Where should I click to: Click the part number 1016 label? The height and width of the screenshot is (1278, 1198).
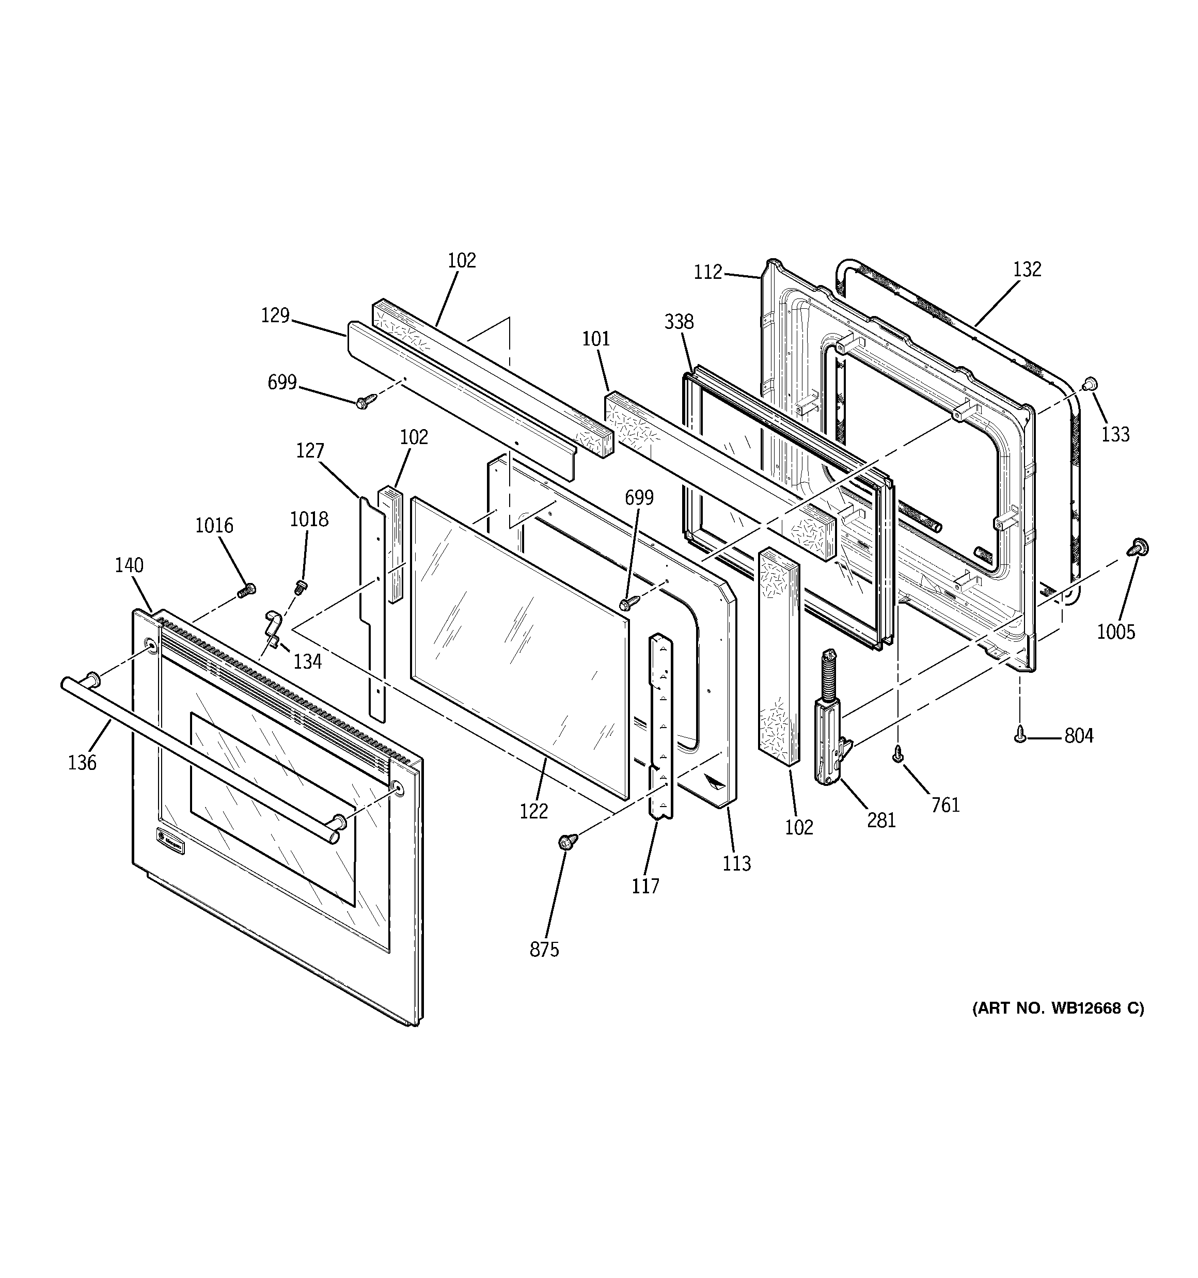pyautogui.click(x=214, y=526)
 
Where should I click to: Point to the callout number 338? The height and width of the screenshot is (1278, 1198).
pyautogui.click(x=679, y=321)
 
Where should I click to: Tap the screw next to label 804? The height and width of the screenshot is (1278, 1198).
pyautogui.click(x=1019, y=734)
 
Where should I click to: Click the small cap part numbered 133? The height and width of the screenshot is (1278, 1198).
pyautogui.click(x=1090, y=384)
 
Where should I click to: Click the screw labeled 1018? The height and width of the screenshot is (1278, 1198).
pyautogui.click(x=299, y=586)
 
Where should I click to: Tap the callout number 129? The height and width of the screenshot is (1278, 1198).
pyautogui.click(x=275, y=315)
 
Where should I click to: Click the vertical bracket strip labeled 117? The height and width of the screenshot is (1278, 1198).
pyautogui.click(x=660, y=727)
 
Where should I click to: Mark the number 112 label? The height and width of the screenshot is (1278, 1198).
pyautogui.click(x=708, y=273)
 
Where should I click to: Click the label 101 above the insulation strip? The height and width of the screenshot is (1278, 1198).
pyautogui.click(x=596, y=339)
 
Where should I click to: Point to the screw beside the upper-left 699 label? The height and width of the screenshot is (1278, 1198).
pyautogui.click(x=362, y=402)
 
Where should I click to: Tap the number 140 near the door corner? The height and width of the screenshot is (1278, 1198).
pyautogui.click(x=129, y=566)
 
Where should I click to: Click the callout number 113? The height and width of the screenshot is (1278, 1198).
pyautogui.click(x=736, y=863)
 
